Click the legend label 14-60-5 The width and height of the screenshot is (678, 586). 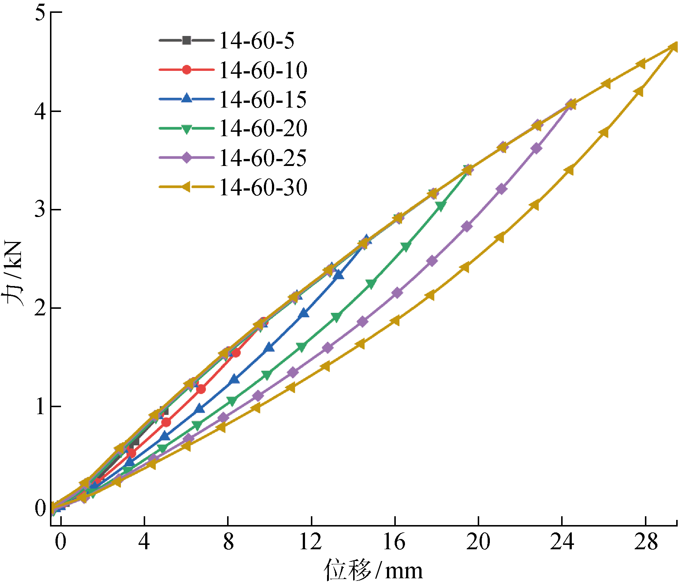(257, 40)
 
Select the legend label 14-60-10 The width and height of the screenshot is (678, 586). (263, 70)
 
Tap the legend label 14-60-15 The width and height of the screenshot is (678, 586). (263, 99)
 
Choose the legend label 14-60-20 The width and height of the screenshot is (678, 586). (263, 129)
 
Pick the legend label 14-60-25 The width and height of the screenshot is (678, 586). (263, 158)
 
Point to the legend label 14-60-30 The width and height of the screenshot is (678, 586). (263, 187)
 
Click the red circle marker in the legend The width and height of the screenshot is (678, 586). (187, 70)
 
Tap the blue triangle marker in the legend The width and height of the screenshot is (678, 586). (187, 98)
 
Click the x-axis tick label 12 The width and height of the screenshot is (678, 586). (311, 542)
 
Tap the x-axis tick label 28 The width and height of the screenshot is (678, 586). (645, 542)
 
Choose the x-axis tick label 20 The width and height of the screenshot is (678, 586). (478, 542)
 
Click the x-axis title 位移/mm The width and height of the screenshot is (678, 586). (373, 570)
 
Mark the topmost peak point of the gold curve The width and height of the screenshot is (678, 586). (674, 47)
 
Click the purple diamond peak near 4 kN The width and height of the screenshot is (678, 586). (571, 104)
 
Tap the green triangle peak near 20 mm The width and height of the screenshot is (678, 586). (468, 170)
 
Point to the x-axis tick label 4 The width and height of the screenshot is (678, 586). (144, 542)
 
